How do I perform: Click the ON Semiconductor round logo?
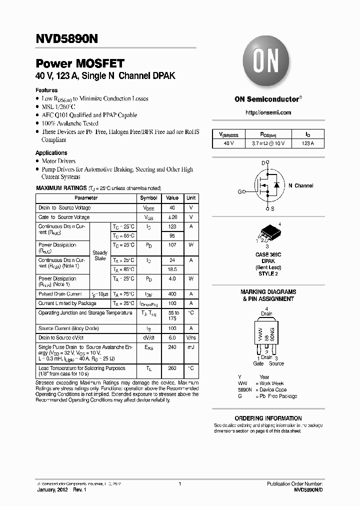click(267, 63)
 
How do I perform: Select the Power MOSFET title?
click(80, 64)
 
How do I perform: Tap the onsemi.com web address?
click(268, 113)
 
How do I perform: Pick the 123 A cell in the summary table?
click(307, 143)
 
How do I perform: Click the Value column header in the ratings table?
click(172, 198)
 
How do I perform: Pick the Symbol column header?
click(149, 198)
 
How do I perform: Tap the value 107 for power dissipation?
click(172, 245)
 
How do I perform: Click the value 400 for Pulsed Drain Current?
click(172, 294)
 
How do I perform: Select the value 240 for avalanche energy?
click(172, 346)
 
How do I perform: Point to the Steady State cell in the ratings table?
click(100, 255)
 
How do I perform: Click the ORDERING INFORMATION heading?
click(268, 418)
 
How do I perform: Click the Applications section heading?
click(51, 153)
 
